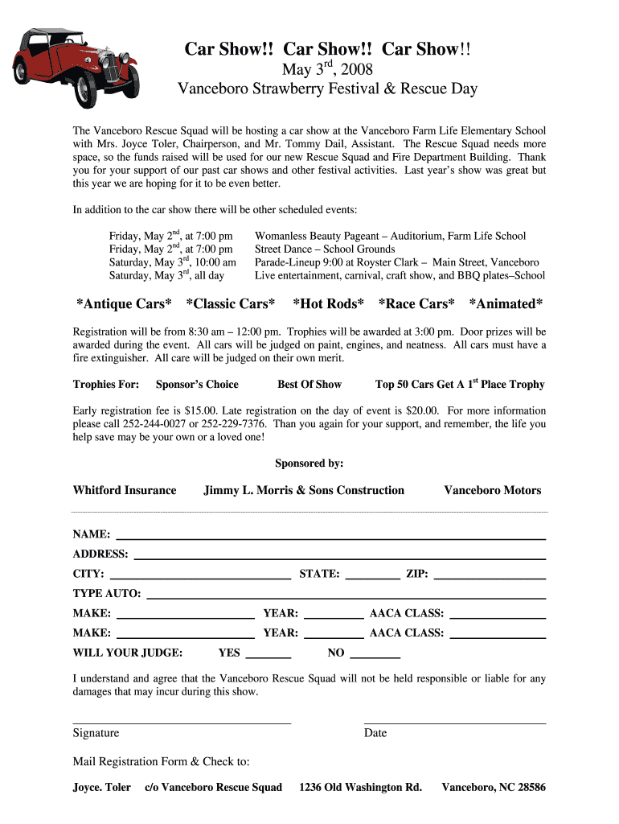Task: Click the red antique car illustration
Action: tap(77, 68)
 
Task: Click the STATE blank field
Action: tap(372, 576)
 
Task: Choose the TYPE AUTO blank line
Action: tap(346, 596)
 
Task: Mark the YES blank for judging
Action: tap(267, 655)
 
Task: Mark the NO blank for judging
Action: tap(375, 655)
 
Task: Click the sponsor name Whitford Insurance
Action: tap(125, 490)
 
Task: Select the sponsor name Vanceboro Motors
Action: tap(493, 490)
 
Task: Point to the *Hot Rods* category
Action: tap(328, 303)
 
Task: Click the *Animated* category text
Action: tap(506, 303)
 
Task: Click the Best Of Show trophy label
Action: tap(309, 385)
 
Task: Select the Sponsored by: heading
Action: tap(309, 463)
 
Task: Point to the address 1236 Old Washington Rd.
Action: tap(360, 787)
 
